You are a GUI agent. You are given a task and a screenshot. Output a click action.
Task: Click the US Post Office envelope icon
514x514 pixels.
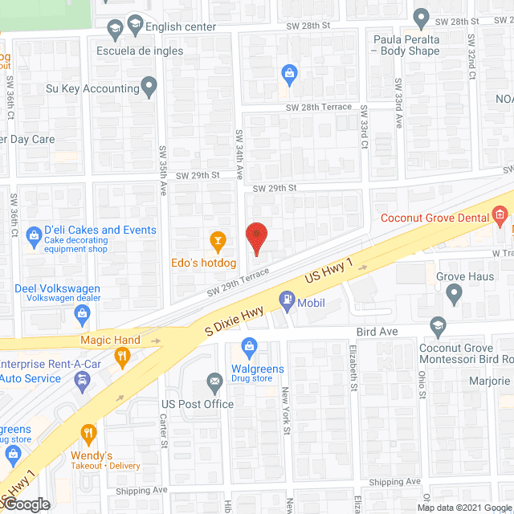214,381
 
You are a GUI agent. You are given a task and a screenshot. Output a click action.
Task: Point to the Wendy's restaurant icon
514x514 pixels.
88,434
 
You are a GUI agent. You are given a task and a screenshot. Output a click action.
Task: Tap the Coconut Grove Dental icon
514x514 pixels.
500,214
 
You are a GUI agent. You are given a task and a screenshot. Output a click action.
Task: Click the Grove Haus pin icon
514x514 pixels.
455,296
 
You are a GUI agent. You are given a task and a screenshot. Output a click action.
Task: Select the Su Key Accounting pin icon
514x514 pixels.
149,85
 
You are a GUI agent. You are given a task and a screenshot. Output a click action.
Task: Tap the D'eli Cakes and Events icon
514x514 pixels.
34,235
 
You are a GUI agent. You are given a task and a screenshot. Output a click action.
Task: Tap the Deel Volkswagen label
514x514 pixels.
58,288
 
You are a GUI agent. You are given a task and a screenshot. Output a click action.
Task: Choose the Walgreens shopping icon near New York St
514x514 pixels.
249,349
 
